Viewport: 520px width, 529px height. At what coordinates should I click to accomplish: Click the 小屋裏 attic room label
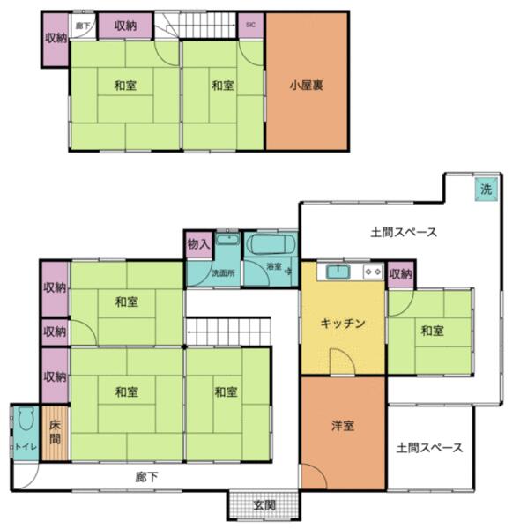click(x=307, y=86)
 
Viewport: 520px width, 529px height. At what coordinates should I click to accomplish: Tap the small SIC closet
click(x=250, y=26)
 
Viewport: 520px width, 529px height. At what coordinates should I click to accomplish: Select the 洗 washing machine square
click(x=485, y=189)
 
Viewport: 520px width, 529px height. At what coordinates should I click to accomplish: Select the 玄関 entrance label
click(x=264, y=505)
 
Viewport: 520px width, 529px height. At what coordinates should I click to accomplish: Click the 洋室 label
click(x=343, y=426)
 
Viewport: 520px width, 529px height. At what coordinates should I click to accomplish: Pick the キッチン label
click(x=343, y=323)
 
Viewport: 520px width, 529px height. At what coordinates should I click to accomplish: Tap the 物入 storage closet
click(x=197, y=243)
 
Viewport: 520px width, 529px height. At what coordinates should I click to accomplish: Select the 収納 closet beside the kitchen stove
click(x=400, y=273)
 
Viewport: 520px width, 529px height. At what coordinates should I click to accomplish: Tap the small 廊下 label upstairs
click(x=82, y=26)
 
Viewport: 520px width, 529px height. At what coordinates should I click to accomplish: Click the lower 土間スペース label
click(x=429, y=447)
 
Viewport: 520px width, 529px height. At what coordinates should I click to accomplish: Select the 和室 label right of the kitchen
click(x=431, y=331)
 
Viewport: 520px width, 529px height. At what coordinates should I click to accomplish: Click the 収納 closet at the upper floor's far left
click(x=55, y=38)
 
